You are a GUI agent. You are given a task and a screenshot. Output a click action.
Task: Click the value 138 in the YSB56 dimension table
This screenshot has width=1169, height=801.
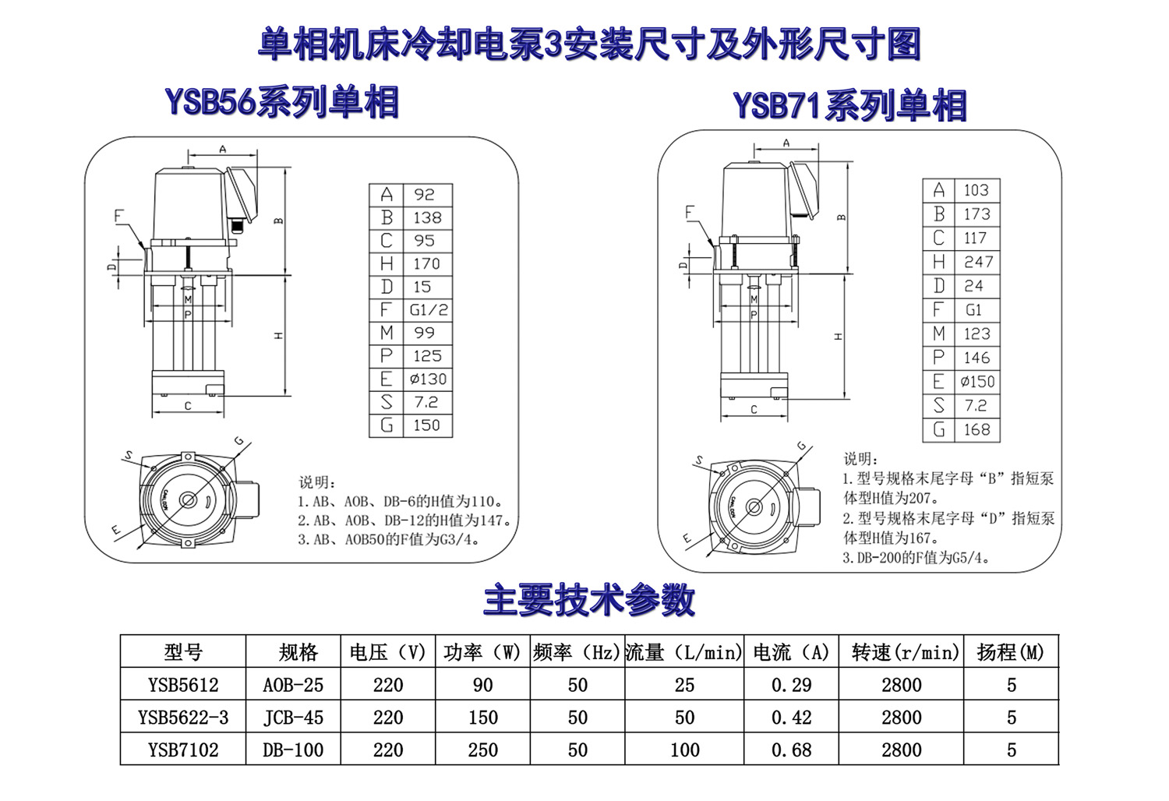click(427, 217)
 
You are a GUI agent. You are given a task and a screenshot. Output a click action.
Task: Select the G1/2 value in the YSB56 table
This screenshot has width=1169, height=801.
click(429, 309)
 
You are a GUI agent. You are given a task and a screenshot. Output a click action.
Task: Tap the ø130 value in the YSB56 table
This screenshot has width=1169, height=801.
click(428, 379)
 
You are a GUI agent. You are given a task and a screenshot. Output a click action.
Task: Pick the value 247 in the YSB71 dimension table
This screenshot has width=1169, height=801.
click(978, 262)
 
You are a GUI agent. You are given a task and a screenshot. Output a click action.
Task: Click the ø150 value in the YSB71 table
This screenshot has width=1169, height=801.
click(977, 382)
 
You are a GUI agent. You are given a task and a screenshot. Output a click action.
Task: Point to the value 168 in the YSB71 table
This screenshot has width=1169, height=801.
click(977, 429)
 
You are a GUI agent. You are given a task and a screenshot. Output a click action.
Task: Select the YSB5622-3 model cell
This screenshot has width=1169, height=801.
click(183, 718)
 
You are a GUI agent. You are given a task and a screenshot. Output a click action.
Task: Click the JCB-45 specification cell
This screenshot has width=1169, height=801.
click(293, 718)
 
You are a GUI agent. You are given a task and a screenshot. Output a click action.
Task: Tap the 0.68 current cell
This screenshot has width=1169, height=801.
click(791, 750)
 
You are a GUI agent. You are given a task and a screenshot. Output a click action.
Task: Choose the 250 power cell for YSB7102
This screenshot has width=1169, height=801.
click(482, 750)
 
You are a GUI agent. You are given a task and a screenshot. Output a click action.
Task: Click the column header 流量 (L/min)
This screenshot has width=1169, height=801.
click(683, 652)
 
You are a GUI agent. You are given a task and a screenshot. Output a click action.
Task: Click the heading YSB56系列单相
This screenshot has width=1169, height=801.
click(282, 102)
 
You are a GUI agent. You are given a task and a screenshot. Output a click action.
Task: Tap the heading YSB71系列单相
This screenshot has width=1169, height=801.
click(849, 105)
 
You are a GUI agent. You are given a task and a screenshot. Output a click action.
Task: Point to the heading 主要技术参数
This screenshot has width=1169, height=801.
click(588, 601)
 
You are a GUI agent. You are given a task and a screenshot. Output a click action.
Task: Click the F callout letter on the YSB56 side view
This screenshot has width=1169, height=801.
click(119, 216)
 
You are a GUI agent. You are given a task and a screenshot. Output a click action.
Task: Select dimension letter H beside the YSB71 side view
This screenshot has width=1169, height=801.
click(839, 337)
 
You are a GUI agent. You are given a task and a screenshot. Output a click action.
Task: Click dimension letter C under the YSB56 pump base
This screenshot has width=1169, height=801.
click(188, 406)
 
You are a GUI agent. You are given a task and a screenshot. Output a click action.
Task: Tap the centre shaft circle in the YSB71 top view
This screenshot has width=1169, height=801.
click(754, 507)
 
